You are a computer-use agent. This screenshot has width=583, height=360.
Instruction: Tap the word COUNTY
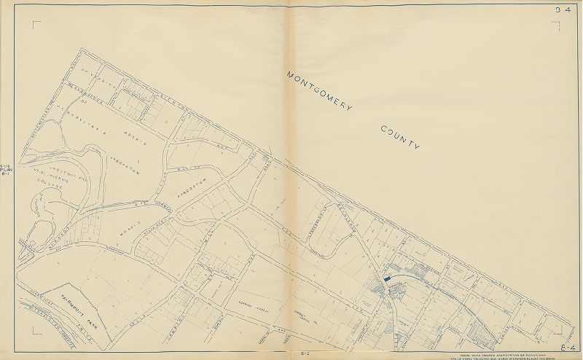point(401,137)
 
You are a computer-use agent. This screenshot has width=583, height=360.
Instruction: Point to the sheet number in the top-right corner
point(563,10)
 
